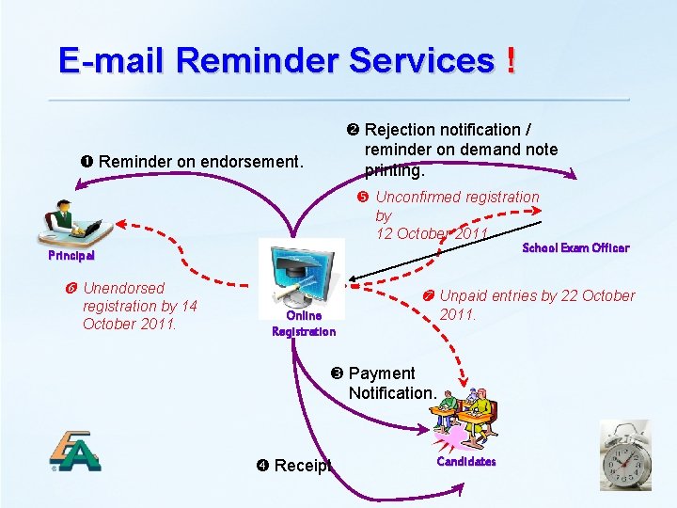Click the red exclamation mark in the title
[x=510, y=61]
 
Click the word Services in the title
[x=421, y=61]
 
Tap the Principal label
[x=72, y=255]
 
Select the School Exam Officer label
[x=575, y=248]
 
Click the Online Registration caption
[x=304, y=324]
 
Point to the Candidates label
[x=465, y=462]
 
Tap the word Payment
[x=382, y=373]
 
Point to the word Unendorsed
[x=123, y=288]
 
